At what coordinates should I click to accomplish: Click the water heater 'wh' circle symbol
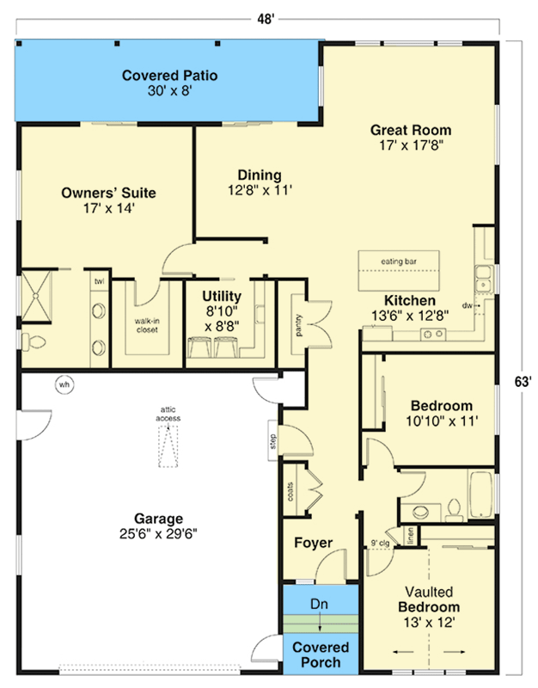pyautogui.click(x=64, y=384)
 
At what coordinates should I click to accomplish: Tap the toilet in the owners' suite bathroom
pyautogui.click(x=34, y=341)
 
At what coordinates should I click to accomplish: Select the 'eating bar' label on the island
pyautogui.click(x=399, y=261)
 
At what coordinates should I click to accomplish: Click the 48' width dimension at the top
pyautogui.click(x=266, y=19)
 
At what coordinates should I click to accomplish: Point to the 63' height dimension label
pyautogui.click(x=523, y=382)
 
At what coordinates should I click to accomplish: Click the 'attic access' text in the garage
pyautogui.click(x=168, y=414)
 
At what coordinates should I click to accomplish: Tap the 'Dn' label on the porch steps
pyautogui.click(x=319, y=604)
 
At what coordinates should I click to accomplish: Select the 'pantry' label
pyautogui.click(x=299, y=325)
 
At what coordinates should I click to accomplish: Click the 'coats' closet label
pyautogui.click(x=290, y=492)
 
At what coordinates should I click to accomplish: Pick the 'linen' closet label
pyautogui.click(x=410, y=536)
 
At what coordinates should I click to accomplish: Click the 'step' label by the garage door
pyautogui.click(x=273, y=441)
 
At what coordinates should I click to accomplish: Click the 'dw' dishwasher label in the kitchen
pyautogui.click(x=467, y=305)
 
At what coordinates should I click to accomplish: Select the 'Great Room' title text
pyautogui.click(x=411, y=130)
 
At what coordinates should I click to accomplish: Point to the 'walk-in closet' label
pyautogui.click(x=147, y=325)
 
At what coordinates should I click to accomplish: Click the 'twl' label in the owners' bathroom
pyautogui.click(x=100, y=281)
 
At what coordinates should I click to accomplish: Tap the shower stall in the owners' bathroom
pyautogui.click(x=36, y=296)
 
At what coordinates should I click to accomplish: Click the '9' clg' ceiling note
pyautogui.click(x=380, y=543)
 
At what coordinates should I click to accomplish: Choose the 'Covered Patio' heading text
pyautogui.click(x=169, y=76)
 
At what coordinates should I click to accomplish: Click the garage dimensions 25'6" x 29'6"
pyautogui.click(x=158, y=534)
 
